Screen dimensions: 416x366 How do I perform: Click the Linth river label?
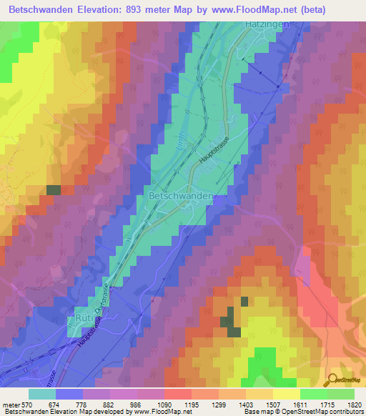coord(167,146)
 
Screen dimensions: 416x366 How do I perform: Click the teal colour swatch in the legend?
coord(42,394)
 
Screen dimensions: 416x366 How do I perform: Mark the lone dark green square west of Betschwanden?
coord(54,189)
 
